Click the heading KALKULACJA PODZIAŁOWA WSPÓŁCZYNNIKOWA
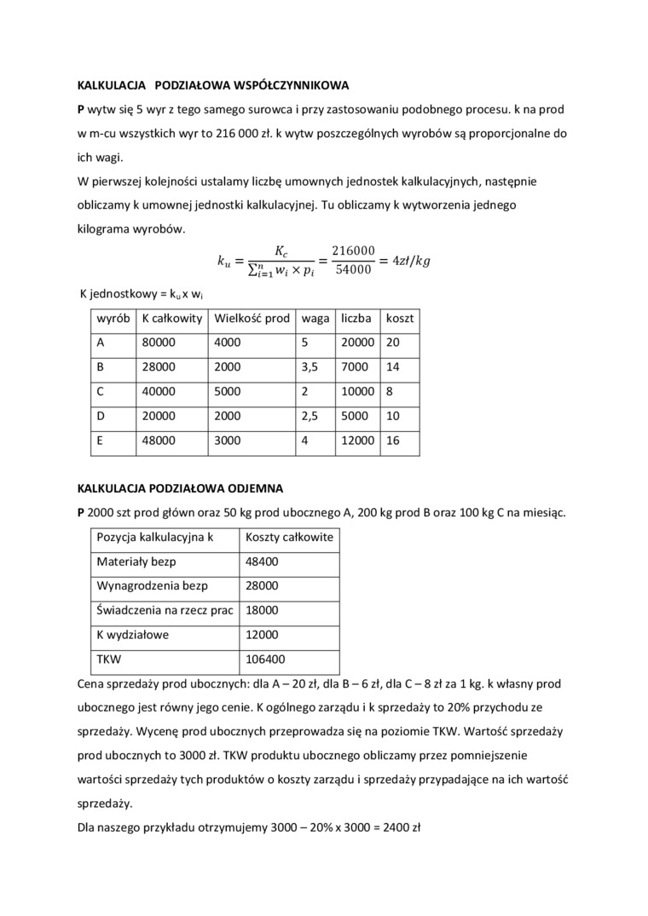tap(212, 86)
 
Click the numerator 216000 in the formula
tap(353, 250)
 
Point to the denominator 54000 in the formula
tap(353, 270)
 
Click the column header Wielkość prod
tap(252, 318)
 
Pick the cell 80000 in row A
tap(158, 343)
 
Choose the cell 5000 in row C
tap(228, 392)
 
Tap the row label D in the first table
tap(101, 417)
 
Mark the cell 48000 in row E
tap(158, 441)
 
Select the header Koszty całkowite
tap(289, 537)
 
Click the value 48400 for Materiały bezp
tap(261, 562)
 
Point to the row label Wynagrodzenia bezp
tap(153, 586)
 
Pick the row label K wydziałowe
tap(133, 635)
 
